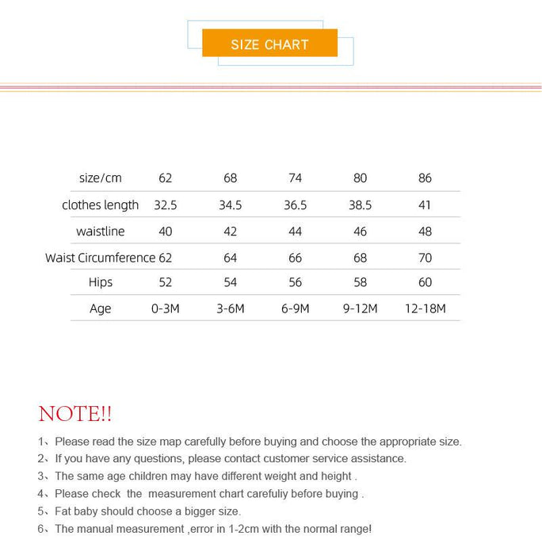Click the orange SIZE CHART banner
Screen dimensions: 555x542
pos(269,44)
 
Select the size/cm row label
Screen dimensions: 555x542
pos(101,178)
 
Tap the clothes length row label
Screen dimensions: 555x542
pos(101,205)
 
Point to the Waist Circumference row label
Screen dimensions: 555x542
pos(100,258)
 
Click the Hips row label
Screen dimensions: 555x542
pos(101,282)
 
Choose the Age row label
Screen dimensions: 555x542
pos(101,308)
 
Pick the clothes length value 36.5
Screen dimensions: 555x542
pos(296,205)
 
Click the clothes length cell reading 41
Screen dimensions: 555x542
pos(425,205)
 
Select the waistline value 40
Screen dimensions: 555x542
pos(166,232)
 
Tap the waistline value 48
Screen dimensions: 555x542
pos(425,232)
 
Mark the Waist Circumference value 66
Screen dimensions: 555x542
pos(296,258)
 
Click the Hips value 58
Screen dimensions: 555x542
pos(360,282)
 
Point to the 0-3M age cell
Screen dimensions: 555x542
pos(166,308)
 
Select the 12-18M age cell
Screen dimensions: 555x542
pos(426,308)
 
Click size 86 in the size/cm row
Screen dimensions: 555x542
pos(425,178)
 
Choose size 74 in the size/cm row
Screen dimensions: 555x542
pos(296,178)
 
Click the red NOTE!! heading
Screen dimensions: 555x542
pos(75,414)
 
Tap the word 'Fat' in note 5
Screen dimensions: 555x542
pos(65,511)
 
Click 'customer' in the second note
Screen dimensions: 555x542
pos(273,458)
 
